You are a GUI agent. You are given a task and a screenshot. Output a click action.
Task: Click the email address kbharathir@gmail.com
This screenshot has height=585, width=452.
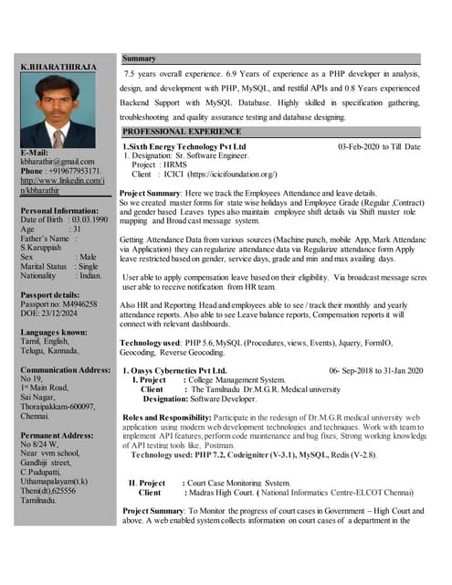point(58,162)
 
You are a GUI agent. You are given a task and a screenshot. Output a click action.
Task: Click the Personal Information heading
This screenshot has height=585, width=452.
point(60,210)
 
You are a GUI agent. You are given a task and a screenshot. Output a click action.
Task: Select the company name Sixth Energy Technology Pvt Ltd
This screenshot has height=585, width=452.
point(186,146)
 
